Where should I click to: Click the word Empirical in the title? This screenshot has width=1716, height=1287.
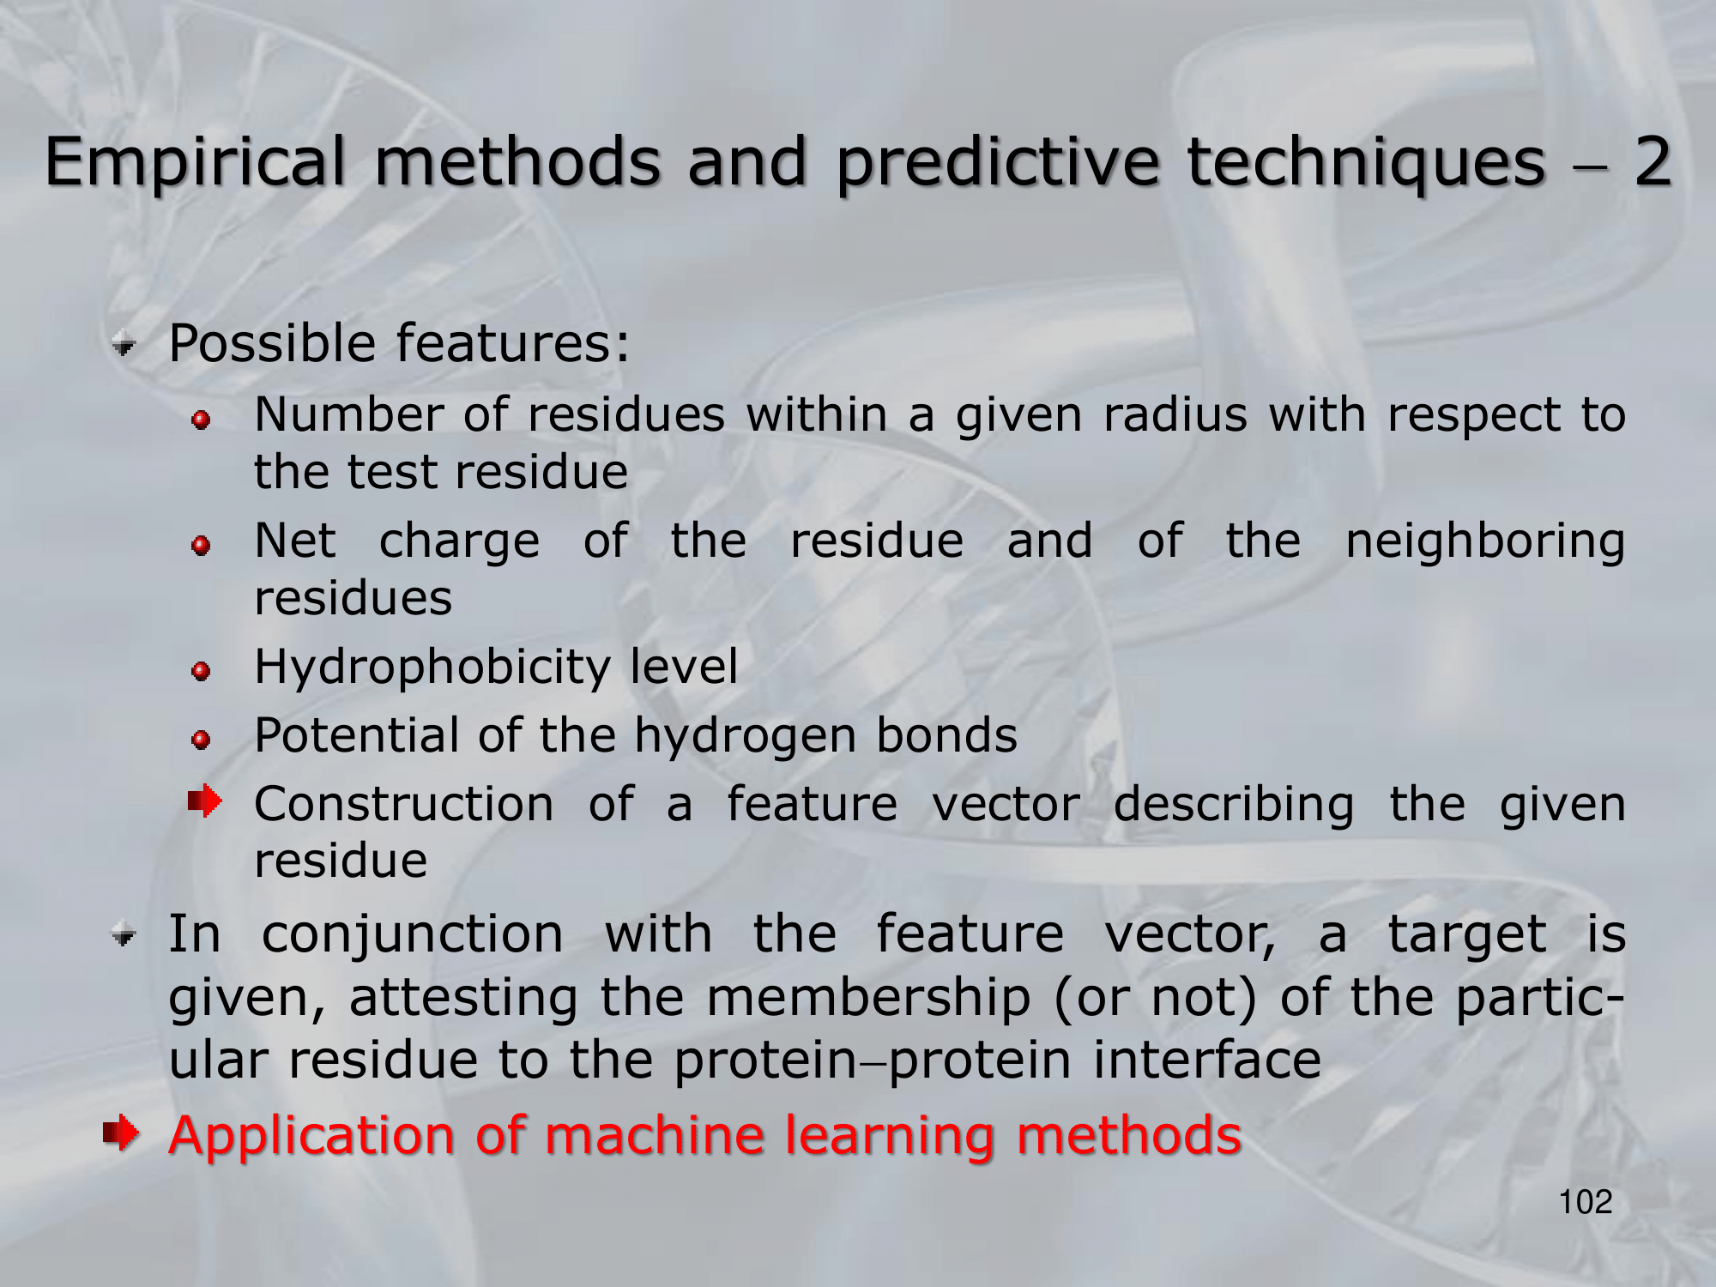[196, 162]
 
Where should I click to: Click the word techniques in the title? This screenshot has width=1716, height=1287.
[1366, 162]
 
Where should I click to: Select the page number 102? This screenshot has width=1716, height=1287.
[1586, 1202]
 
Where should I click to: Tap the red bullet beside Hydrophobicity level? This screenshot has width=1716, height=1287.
[202, 671]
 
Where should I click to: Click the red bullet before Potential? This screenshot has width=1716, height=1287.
[202, 740]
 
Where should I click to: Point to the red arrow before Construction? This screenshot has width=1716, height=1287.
[205, 802]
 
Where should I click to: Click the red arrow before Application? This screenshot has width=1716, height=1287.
[121, 1133]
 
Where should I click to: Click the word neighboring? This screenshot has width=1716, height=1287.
[1485, 543]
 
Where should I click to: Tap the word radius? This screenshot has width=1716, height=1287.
[1175, 415]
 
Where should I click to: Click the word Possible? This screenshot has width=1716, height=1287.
[272, 343]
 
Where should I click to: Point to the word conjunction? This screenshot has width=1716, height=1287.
[413, 934]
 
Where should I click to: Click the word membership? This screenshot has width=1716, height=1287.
[869, 998]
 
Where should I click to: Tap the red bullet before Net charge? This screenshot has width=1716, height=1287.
[202, 546]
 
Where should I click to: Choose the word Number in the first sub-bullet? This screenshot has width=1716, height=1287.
[348, 415]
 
